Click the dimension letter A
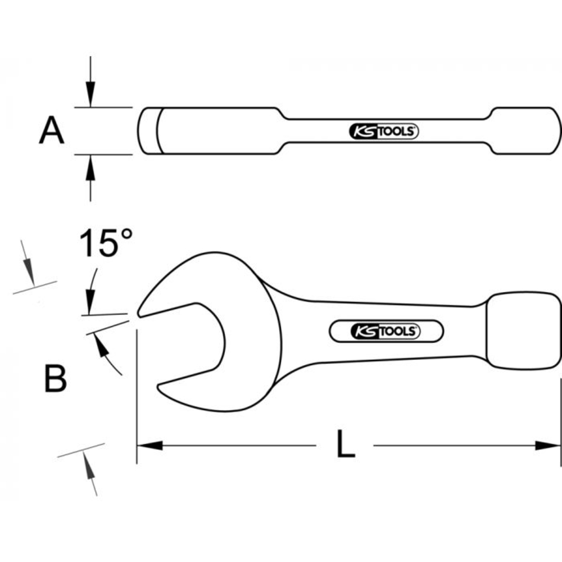tap(52, 131)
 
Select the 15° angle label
tap(106, 243)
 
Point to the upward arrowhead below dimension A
tap(90, 167)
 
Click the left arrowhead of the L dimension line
tap(149, 446)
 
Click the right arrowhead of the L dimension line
tap(548, 446)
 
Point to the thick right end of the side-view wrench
tap(525, 130)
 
